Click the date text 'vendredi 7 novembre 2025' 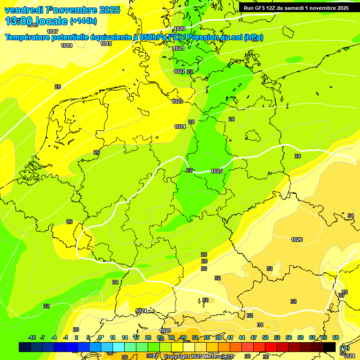62,10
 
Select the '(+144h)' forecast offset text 84,21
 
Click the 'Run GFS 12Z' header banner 296,8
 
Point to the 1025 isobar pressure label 217,172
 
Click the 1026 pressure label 297,240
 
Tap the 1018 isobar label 67,45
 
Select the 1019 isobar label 106,44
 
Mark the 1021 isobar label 179,48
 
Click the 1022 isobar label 179,71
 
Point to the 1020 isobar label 180,29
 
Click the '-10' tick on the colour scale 32,337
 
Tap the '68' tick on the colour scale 335,337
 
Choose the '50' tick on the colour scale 265,337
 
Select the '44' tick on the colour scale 242,337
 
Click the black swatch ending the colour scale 330,347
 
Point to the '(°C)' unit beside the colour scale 345,347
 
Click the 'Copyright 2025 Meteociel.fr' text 199,356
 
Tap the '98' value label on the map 345,292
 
